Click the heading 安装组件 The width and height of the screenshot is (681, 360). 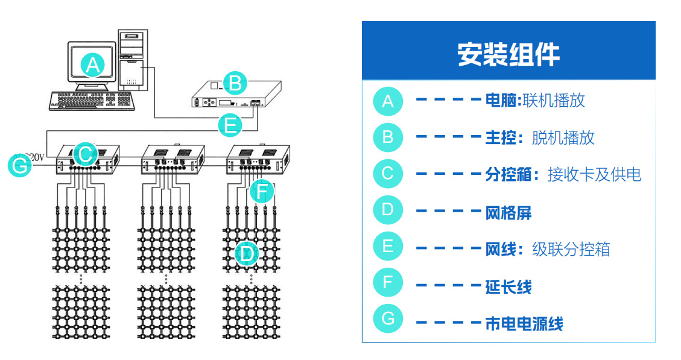click(508, 54)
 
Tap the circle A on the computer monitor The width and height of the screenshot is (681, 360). click(93, 65)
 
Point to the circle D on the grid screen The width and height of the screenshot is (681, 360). click(246, 254)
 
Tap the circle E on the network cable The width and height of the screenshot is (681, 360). click(230, 125)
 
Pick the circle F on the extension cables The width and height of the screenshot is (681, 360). click(261, 192)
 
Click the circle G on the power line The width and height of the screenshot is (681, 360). click(21, 165)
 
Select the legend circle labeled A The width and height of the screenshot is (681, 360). click(387, 101)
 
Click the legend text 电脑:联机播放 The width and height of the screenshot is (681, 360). click(535, 101)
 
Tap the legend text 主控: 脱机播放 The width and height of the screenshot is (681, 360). click(540, 137)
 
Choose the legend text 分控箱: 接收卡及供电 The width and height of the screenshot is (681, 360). click(563, 174)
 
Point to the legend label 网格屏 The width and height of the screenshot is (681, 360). click(508, 212)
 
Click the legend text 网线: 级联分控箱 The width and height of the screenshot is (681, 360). click(548, 248)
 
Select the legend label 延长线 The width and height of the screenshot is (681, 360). click(508, 286)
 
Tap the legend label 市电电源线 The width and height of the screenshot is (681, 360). click(524, 324)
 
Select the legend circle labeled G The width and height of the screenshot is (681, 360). click(387, 318)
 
